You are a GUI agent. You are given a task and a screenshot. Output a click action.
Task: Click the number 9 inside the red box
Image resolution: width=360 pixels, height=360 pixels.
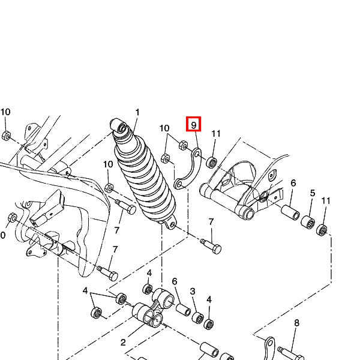(x=194, y=125)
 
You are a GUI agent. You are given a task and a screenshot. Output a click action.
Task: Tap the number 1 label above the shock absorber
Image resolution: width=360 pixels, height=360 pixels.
(x=137, y=112)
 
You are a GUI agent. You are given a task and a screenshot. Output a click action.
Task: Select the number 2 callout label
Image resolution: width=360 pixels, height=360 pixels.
(x=123, y=343)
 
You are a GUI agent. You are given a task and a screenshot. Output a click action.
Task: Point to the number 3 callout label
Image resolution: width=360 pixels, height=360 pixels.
(x=193, y=292)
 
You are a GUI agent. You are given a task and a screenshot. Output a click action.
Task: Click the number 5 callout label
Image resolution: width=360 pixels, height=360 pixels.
(x=313, y=193)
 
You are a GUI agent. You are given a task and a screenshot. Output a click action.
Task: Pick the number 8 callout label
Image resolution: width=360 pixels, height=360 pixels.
(x=296, y=323)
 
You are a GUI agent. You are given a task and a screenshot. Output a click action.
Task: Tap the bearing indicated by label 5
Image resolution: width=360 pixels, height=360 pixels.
(x=308, y=222)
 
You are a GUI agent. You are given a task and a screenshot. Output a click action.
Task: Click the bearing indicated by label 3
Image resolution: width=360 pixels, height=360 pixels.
(x=197, y=318)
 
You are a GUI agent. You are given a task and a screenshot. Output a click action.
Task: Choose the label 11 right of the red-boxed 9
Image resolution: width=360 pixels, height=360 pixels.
(x=216, y=133)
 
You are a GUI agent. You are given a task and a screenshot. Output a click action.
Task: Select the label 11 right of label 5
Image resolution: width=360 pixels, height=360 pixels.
(x=326, y=201)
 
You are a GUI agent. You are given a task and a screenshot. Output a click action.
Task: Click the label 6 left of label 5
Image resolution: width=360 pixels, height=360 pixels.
(x=293, y=183)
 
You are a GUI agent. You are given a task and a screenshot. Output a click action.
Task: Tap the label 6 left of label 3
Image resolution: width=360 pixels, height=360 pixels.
(x=175, y=281)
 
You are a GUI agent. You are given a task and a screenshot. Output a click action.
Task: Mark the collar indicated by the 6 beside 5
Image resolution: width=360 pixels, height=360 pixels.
(x=290, y=212)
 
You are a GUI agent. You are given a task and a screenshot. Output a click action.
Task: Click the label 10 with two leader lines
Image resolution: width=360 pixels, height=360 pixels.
(x=164, y=128)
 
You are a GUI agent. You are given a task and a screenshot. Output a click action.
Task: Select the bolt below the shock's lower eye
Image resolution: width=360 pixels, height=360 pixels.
(x=211, y=246)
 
